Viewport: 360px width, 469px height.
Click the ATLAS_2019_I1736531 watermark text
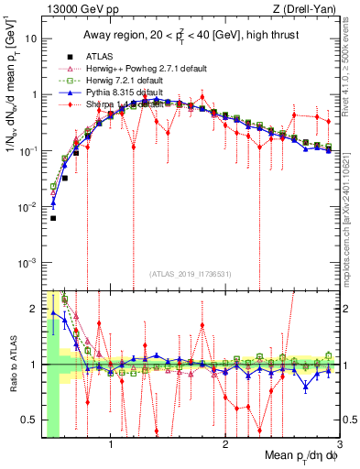(x=190, y=274)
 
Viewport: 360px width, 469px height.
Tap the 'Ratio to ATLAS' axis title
(x=12, y=364)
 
